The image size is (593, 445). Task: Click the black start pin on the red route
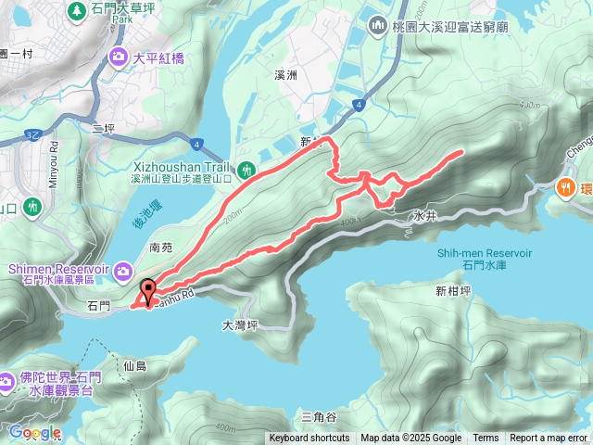(x=146, y=289)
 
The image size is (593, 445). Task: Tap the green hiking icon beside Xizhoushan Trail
(x=246, y=169)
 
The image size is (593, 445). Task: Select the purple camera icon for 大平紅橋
(x=119, y=57)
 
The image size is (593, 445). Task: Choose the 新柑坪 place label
(x=454, y=291)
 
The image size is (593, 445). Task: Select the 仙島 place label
(x=135, y=366)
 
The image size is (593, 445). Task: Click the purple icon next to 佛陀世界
(x=8, y=379)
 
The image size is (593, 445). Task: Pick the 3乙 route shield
(x=32, y=135)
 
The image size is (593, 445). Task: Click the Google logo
(x=34, y=432)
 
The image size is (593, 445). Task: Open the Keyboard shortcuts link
(x=309, y=439)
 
